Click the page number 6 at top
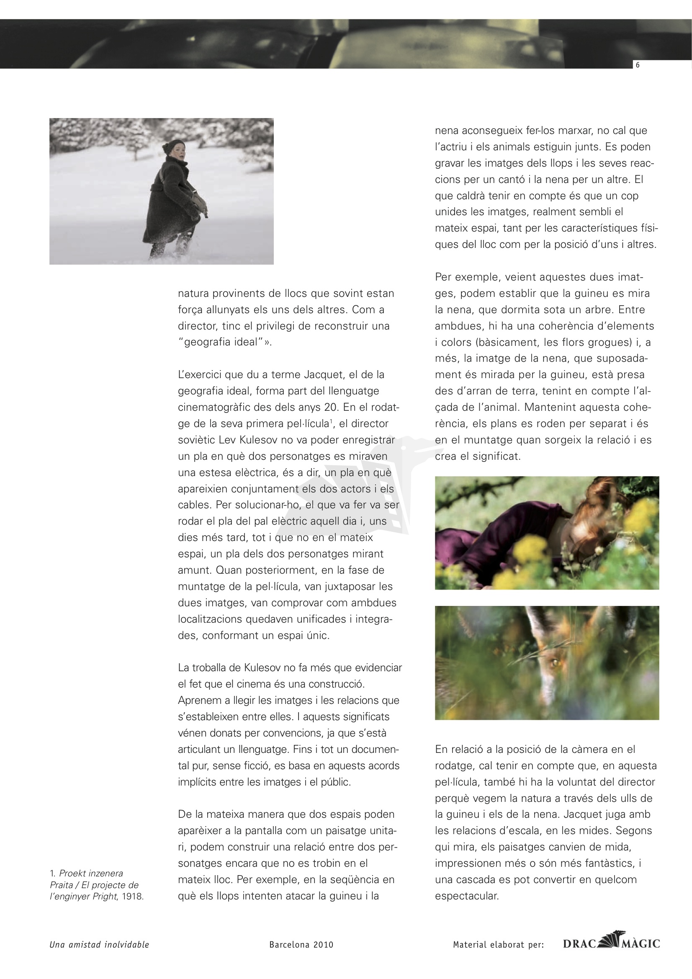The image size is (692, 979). click(x=638, y=65)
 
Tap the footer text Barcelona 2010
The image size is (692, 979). click(x=301, y=945)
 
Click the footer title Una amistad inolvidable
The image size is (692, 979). click(x=99, y=945)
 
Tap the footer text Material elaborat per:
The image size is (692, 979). click(x=499, y=945)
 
